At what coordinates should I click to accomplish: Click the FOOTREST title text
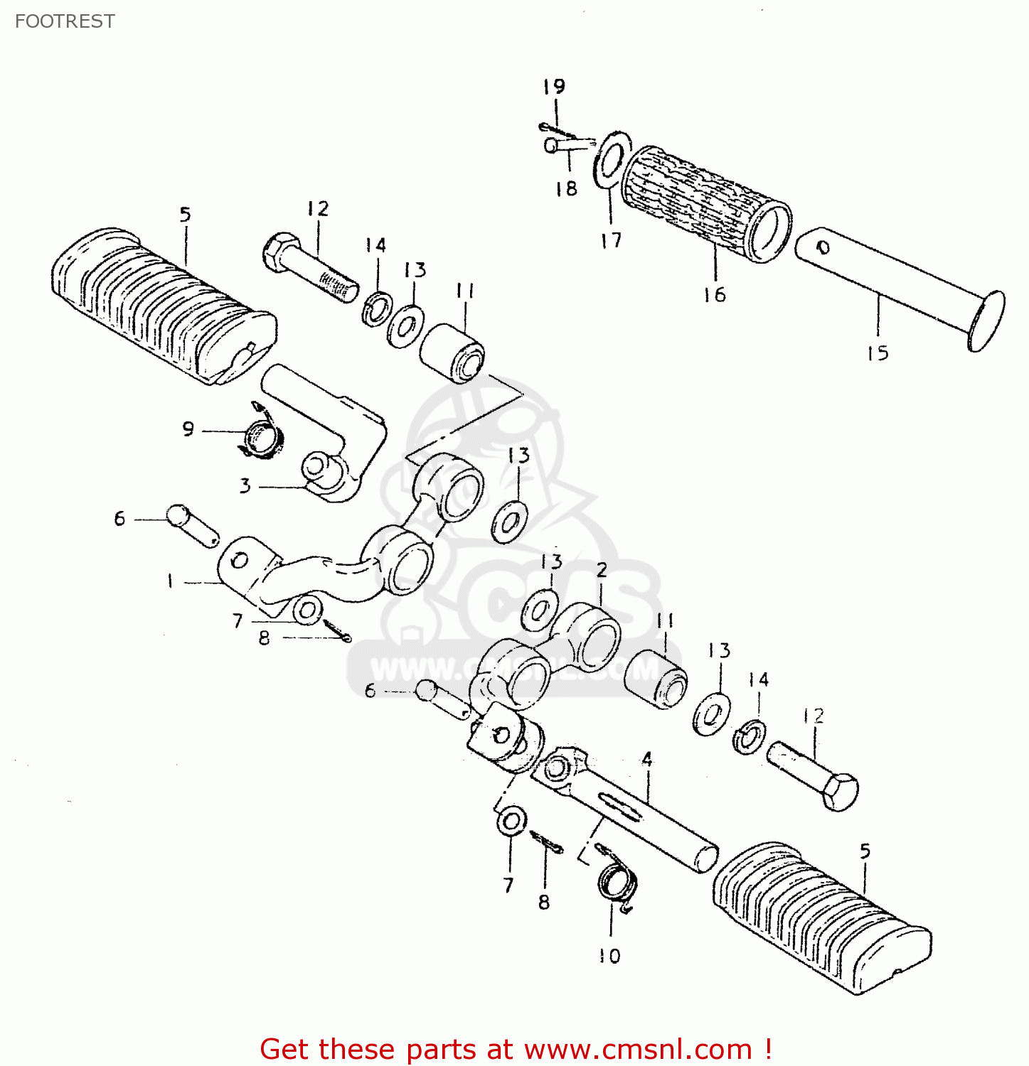65,21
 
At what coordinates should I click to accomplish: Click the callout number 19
554,87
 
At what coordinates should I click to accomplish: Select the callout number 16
715,294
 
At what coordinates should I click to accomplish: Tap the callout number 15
878,352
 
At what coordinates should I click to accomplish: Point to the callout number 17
611,240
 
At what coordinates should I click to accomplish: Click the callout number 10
609,956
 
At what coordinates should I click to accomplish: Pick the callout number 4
646,759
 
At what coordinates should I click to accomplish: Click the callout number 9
188,429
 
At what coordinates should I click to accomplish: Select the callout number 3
245,486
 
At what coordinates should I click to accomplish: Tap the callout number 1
171,581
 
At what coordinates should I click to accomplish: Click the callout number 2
602,570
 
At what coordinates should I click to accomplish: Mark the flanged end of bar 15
987,321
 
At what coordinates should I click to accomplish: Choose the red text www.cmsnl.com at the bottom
638,1049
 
